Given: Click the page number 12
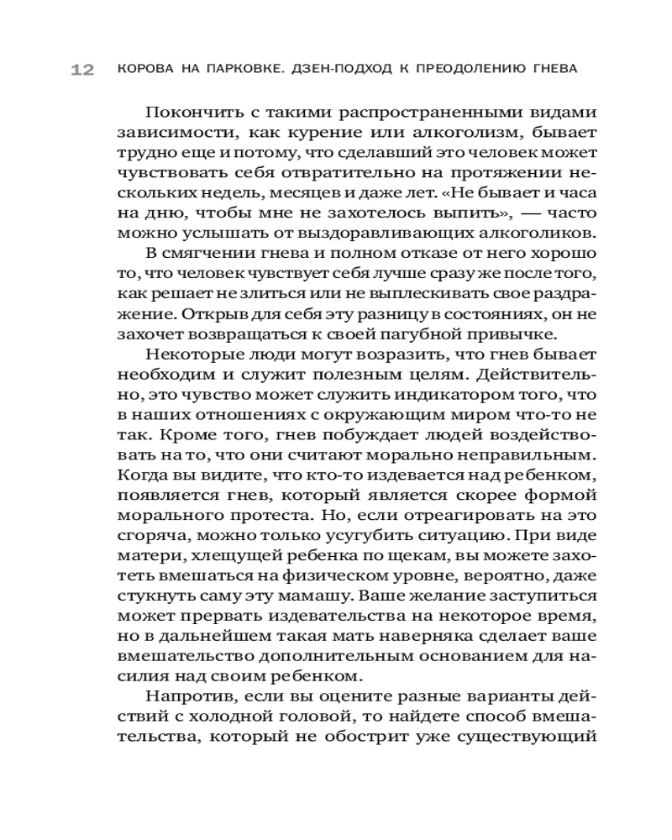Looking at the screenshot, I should point(81,70).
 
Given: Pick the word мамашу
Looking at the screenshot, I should point(328,594).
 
